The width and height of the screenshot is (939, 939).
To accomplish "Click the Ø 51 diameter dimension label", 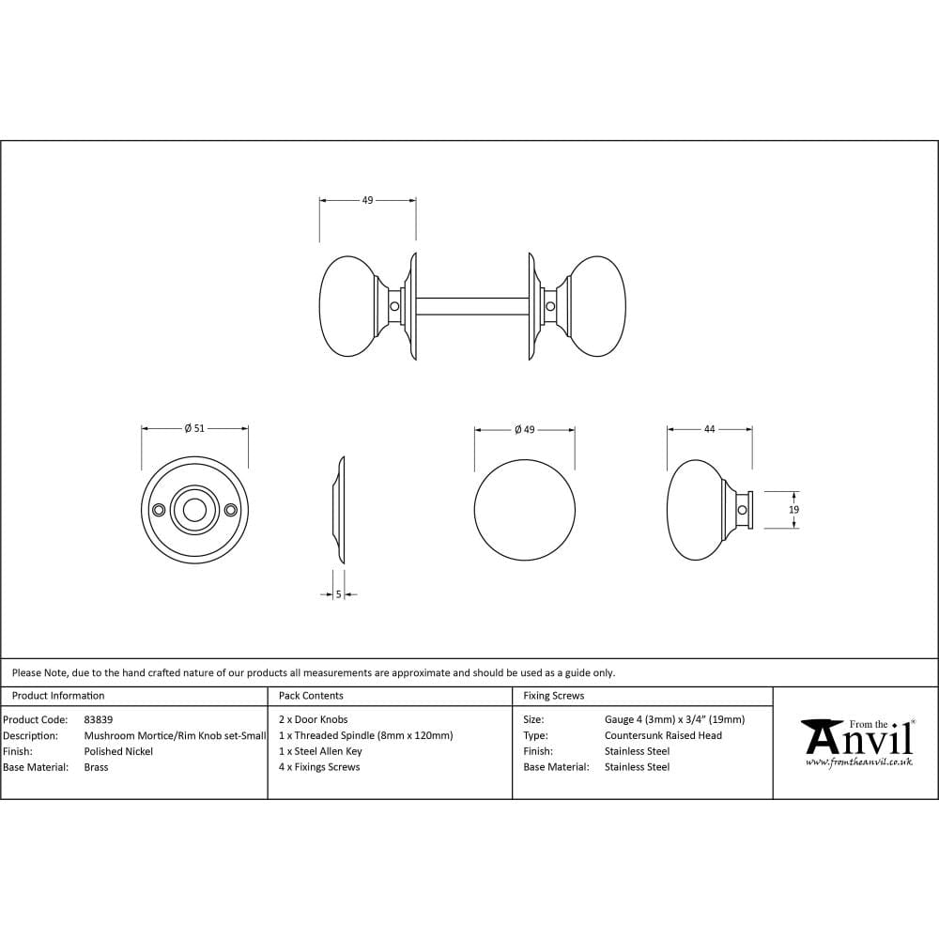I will (194, 428).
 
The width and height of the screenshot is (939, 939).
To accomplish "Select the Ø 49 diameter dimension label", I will (524, 429).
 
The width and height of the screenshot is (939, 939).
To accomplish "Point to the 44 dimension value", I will (709, 429).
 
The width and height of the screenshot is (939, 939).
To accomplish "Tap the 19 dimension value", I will (793, 510).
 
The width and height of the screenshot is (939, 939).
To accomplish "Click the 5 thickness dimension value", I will (338, 593).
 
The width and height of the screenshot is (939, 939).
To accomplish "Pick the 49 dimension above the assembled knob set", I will (367, 200).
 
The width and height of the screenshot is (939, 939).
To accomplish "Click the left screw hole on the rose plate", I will (159, 510).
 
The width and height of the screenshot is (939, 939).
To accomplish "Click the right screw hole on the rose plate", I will (231, 510).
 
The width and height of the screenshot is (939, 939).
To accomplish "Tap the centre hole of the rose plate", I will (194, 510).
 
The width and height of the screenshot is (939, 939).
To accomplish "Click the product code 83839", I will (99, 719).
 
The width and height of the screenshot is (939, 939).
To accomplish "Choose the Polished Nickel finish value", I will (118, 751).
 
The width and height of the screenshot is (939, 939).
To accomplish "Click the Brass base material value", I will (96, 767).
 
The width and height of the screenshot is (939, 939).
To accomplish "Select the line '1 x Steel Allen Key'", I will (320, 751).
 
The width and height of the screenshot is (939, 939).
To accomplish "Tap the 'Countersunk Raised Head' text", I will (663, 735).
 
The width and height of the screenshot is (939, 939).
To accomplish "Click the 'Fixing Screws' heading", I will (553, 696).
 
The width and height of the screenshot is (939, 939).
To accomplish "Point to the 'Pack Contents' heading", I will (311, 696).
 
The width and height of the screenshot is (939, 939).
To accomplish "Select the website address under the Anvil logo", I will (858, 762).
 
